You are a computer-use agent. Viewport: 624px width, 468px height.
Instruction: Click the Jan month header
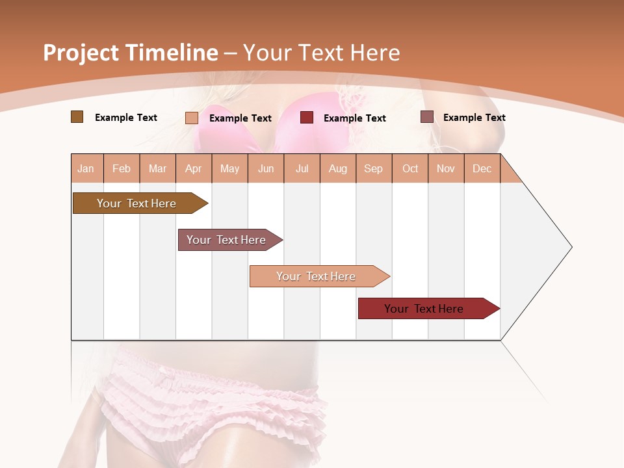[x=86, y=168]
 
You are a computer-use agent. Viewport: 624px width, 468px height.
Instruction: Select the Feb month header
[x=122, y=168]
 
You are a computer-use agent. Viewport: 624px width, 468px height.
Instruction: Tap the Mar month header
[x=157, y=168]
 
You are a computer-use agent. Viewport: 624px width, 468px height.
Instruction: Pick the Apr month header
[x=194, y=168]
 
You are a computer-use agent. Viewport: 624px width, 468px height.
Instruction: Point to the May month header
[x=229, y=168]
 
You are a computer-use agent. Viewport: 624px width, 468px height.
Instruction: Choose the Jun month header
[x=266, y=168]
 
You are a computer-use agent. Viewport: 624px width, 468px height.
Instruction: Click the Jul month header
[x=302, y=168]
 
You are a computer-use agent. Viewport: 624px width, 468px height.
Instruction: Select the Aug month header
[x=338, y=168]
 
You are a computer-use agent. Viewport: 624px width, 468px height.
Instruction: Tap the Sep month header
[x=374, y=168]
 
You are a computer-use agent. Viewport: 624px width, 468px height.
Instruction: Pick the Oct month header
[x=410, y=168]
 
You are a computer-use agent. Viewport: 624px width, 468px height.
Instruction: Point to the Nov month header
[x=446, y=168]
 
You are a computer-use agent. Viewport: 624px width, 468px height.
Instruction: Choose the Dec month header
[x=482, y=168]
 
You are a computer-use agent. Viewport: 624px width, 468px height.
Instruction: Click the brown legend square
[x=77, y=117]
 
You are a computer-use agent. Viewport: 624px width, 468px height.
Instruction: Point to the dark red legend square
[x=307, y=118]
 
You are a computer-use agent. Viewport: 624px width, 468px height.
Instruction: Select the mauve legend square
[x=427, y=117]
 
